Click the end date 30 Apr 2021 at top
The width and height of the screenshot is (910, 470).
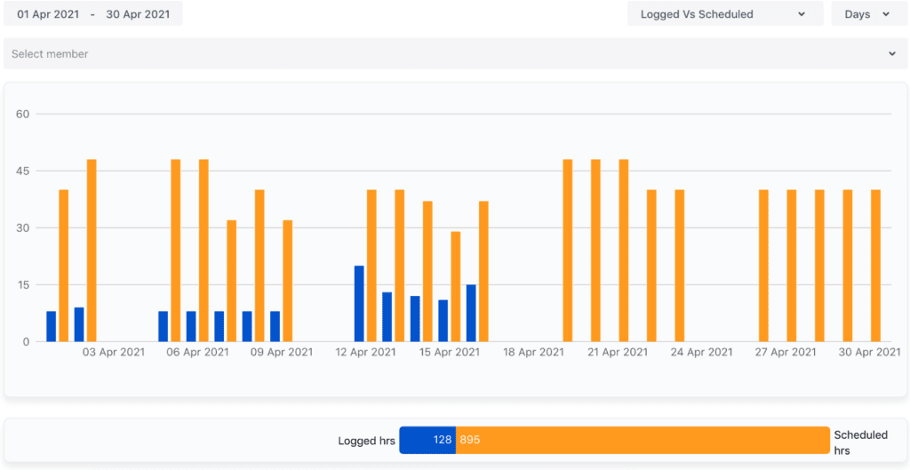[139, 14]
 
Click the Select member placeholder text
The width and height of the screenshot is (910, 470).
[50, 54]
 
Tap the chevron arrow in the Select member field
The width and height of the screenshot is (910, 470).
[892, 54]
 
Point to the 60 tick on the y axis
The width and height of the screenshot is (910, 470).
[23, 114]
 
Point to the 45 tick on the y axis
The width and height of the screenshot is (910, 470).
[23, 171]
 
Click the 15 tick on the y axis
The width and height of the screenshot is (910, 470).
[23, 284]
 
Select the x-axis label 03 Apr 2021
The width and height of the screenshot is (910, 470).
[114, 353]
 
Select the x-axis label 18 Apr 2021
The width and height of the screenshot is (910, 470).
[533, 353]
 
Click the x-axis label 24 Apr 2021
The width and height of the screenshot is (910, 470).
[702, 353]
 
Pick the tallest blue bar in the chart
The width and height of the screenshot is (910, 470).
[359, 304]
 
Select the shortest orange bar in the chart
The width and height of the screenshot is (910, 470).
[456, 286]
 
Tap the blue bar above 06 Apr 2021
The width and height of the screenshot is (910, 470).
[191, 326]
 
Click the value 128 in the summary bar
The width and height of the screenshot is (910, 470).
[443, 440]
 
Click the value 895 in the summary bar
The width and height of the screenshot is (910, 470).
[470, 440]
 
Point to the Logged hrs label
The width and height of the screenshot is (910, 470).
[366, 441]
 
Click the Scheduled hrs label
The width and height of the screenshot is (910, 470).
[860, 442]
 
